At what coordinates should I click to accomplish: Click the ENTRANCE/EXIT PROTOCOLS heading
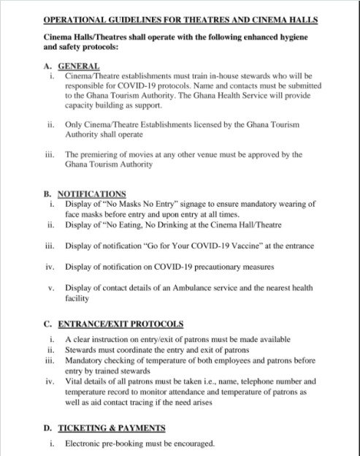tap(124, 324)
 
